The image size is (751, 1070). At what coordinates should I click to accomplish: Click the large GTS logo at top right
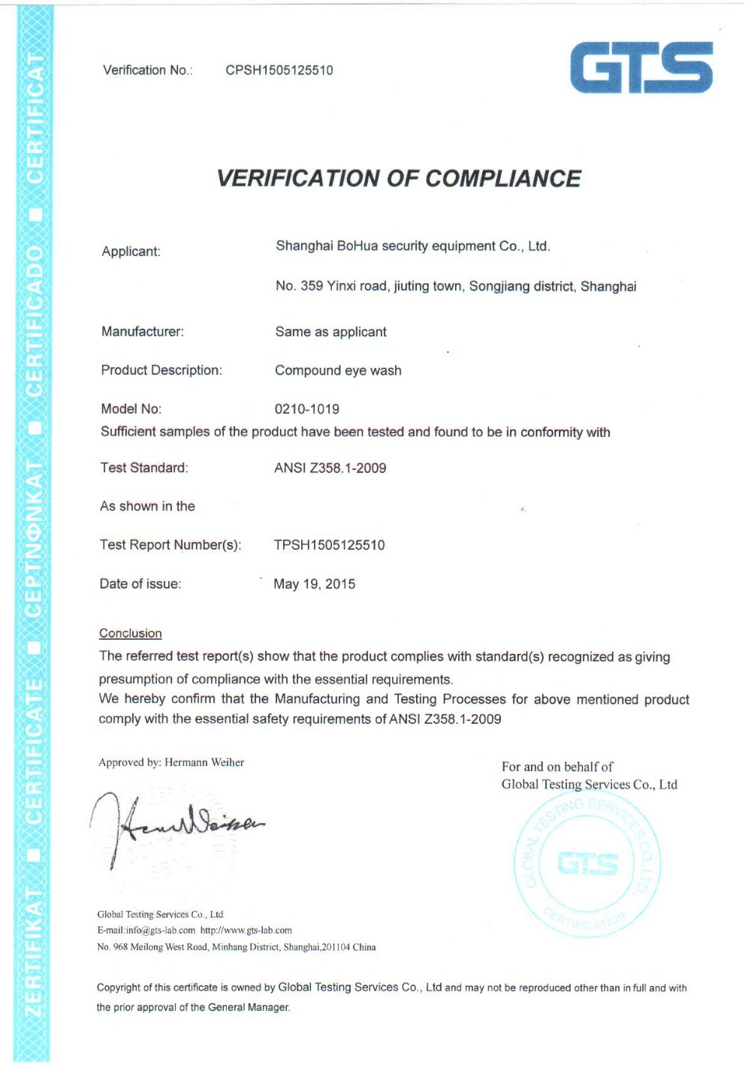coord(641,68)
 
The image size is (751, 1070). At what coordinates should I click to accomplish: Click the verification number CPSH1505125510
coord(279,71)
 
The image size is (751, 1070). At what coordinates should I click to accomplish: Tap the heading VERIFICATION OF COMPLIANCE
coord(399,179)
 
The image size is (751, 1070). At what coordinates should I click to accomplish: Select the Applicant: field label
coord(131,252)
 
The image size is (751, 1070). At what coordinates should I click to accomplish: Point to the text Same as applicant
coord(330,332)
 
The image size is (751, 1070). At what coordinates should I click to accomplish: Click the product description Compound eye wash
coord(338,370)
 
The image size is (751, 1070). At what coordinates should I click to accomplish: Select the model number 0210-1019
coord(306,409)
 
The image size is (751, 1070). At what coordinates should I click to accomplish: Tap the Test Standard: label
coord(144,468)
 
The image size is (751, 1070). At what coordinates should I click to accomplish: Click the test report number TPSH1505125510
coord(329,545)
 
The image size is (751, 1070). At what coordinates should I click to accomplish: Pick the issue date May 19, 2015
coord(314,584)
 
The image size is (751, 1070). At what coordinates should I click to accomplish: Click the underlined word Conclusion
coord(131,634)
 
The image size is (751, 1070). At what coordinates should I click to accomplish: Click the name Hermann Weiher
coord(204,762)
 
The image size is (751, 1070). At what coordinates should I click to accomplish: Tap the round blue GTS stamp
coord(587,864)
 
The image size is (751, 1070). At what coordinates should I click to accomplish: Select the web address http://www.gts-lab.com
coord(246,930)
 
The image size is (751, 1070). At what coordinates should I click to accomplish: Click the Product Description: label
coord(161,370)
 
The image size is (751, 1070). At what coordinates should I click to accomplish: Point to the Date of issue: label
coord(140,584)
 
